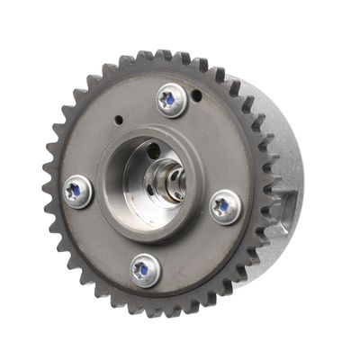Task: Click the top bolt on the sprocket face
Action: point(171,99)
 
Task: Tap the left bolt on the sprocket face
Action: point(77,192)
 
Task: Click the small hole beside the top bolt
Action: point(196,94)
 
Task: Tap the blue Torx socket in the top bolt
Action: point(168,98)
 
